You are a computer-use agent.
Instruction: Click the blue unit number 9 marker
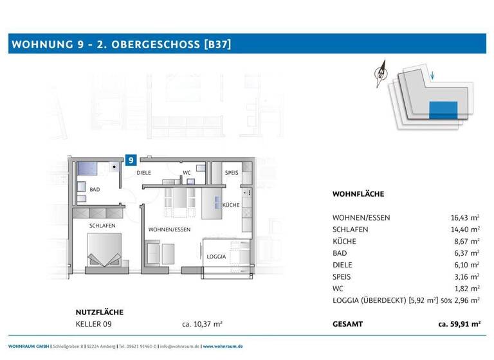pos(131,161)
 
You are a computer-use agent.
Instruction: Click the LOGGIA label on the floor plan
pos(216,256)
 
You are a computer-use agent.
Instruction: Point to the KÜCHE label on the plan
pos(231,205)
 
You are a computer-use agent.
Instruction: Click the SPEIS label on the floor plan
pos(232,173)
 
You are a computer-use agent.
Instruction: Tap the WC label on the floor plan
pos(187,173)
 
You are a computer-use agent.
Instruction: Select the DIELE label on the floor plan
pos(143,173)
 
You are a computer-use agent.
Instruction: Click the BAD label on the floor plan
pos(95,190)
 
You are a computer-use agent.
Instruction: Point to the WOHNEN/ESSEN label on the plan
pos(169,230)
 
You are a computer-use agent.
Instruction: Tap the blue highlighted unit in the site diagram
pos(443,109)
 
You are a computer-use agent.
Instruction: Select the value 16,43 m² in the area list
pos(464,218)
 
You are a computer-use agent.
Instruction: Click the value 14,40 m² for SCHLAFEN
pos(464,230)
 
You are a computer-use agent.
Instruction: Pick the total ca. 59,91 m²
pos(459,325)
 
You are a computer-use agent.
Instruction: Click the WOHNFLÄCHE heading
pos(358,194)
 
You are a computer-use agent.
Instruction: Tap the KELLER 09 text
pos(95,324)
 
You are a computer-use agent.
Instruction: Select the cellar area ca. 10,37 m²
pos(203,324)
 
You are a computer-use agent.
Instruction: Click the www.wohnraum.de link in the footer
pos(223,346)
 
